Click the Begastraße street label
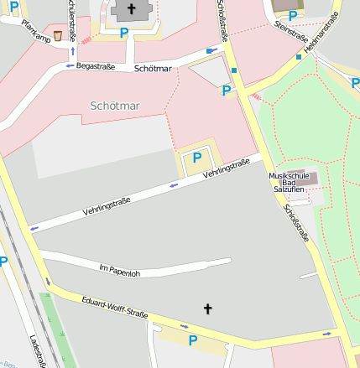(x=94, y=65)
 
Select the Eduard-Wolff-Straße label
(x=115, y=308)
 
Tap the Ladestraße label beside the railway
(x=37, y=350)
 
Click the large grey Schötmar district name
(x=115, y=106)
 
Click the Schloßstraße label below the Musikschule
(x=296, y=223)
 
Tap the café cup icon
(x=57, y=35)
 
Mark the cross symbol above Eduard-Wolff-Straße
(x=208, y=309)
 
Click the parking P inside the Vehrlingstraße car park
(x=197, y=157)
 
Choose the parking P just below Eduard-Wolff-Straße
(x=192, y=339)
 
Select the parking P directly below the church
(x=124, y=34)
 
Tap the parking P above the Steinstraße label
(x=291, y=14)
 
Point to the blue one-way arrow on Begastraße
(x=70, y=65)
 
